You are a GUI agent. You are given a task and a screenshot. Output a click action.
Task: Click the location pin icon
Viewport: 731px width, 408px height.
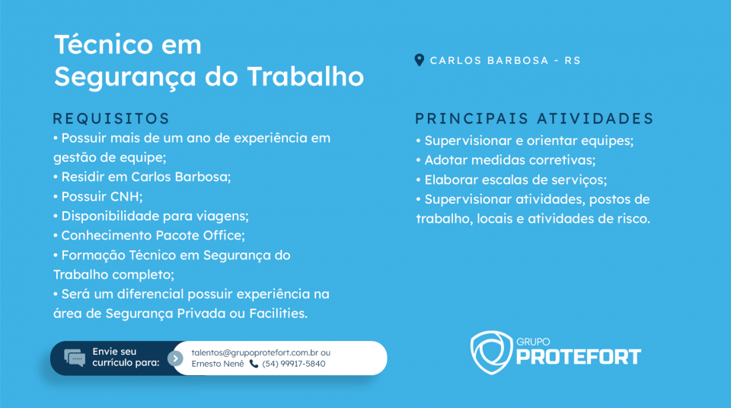[x=419, y=60]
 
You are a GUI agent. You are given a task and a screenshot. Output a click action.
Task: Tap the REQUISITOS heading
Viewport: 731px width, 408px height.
[x=111, y=118]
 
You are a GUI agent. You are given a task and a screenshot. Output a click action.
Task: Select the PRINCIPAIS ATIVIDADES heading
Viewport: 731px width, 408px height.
[x=535, y=118]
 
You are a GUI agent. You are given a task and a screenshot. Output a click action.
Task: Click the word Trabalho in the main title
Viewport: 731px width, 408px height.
[x=305, y=76]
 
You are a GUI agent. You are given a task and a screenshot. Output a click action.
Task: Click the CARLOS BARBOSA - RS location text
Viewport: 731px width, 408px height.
[x=506, y=61]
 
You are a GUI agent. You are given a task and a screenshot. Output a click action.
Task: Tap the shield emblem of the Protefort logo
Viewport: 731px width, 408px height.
[x=491, y=352]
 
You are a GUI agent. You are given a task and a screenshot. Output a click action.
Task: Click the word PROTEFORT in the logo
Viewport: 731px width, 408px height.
[x=579, y=357]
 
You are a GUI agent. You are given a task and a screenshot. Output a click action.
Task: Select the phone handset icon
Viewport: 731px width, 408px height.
[x=254, y=364]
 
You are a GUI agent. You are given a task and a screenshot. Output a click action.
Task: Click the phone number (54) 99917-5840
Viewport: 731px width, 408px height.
[x=294, y=364]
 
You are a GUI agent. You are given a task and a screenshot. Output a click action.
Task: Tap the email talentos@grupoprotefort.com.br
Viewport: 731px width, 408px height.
[x=254, y=352]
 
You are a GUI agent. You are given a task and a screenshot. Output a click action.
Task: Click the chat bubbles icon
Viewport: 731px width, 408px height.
[x=75, y=358]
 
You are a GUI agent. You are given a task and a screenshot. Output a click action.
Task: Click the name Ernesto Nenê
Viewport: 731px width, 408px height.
[x=218, y=364]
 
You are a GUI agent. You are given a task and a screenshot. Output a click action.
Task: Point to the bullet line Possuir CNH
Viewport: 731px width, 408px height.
[x=98, y=197]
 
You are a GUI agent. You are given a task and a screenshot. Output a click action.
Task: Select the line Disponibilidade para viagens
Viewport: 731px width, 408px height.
[x=151, y=216]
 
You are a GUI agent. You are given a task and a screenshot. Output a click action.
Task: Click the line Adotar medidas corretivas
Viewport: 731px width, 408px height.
[x=506, y=160]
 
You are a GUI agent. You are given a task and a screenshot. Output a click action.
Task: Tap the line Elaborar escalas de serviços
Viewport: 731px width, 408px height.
[x=512, y=180]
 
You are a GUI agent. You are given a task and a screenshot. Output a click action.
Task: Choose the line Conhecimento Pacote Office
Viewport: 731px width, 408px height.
[x=149, y=236]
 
